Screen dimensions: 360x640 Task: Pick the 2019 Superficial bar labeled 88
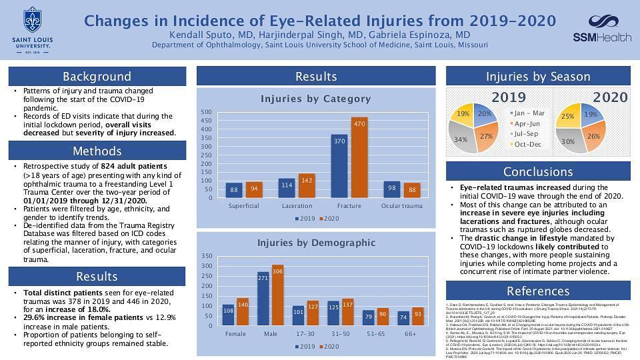(x=234, y=190)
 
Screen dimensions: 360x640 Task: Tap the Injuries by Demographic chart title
(x=315, y=243)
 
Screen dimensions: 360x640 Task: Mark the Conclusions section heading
(x=538, y=171)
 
